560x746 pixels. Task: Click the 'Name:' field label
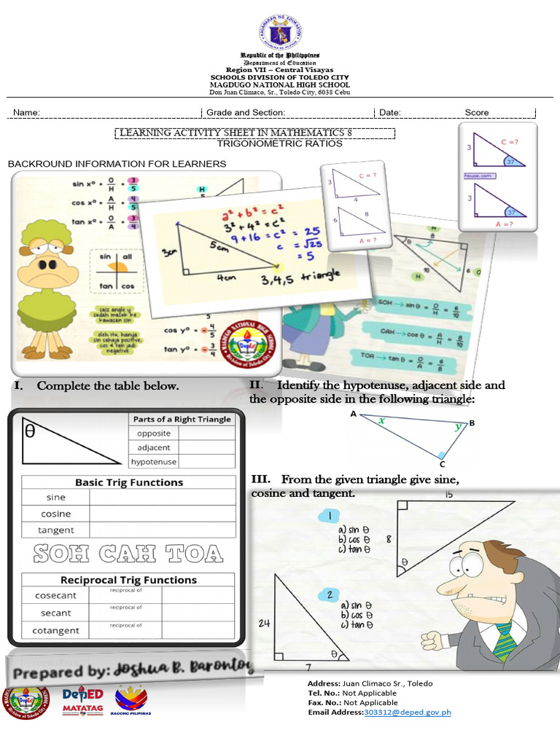[x=26, y=113]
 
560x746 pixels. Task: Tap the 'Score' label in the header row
[x=477, y=113]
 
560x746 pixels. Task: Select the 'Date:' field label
[x=390, y=113]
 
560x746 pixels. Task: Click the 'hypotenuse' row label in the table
[x=154, y=462]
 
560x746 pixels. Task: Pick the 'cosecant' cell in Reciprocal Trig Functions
[x=55, y=595]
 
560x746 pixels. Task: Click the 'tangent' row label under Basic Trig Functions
[x=56, y=530]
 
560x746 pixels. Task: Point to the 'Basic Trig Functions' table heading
[x=129, y=482]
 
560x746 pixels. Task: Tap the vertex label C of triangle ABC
[x=442, y=463]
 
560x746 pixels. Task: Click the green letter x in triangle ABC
[x=381, y=420]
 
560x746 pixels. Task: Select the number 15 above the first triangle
[x=448, y=495]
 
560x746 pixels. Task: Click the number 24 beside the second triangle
[x=264, y=623]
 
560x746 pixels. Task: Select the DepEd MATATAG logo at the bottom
[x=82, y=702]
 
